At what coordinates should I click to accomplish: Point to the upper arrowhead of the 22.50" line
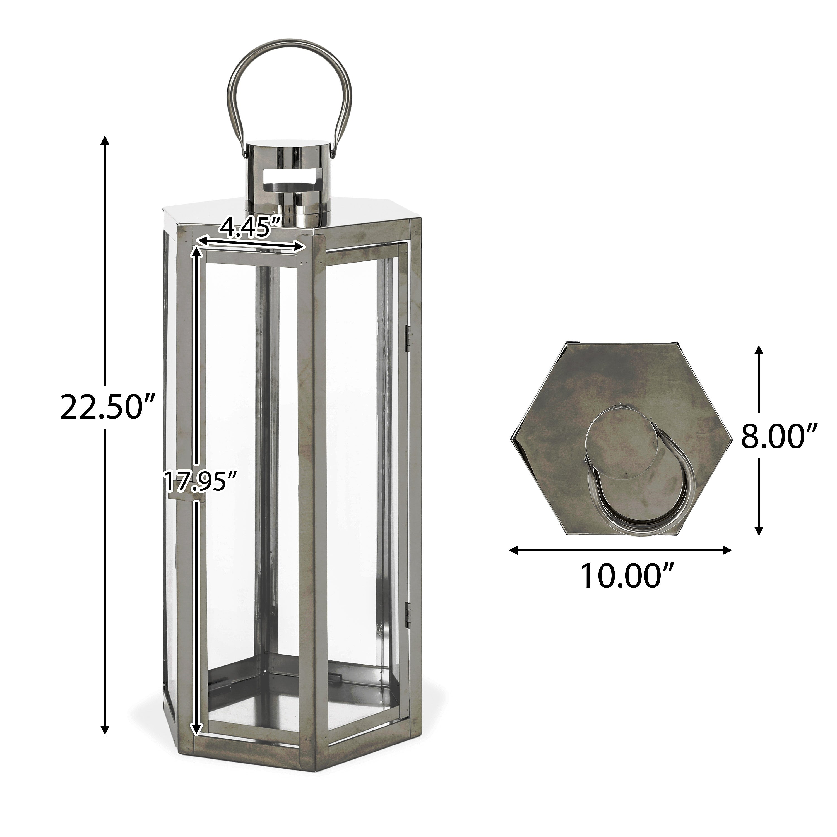(104, 141)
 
